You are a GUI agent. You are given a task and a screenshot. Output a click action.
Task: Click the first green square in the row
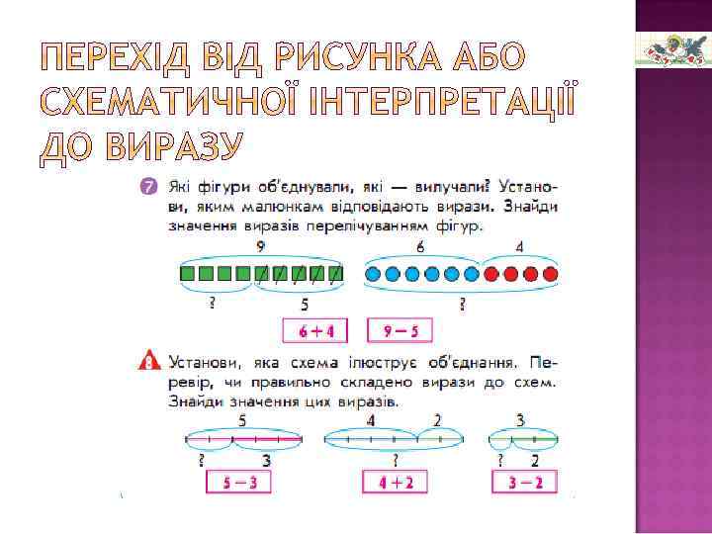click(188, 273)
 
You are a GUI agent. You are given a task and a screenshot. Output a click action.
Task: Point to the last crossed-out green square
click(337, 273)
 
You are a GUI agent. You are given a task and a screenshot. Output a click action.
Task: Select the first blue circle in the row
click(376, 273)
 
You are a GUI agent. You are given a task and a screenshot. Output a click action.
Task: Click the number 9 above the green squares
click(260, 246)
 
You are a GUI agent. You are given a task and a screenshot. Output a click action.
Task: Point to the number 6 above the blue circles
click(420, 246)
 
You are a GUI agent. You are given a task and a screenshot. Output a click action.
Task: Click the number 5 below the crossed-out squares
click(304, 305)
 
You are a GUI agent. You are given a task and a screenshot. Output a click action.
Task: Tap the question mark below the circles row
click(462, 305)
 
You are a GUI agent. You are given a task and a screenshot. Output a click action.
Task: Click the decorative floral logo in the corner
click(672, 48)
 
